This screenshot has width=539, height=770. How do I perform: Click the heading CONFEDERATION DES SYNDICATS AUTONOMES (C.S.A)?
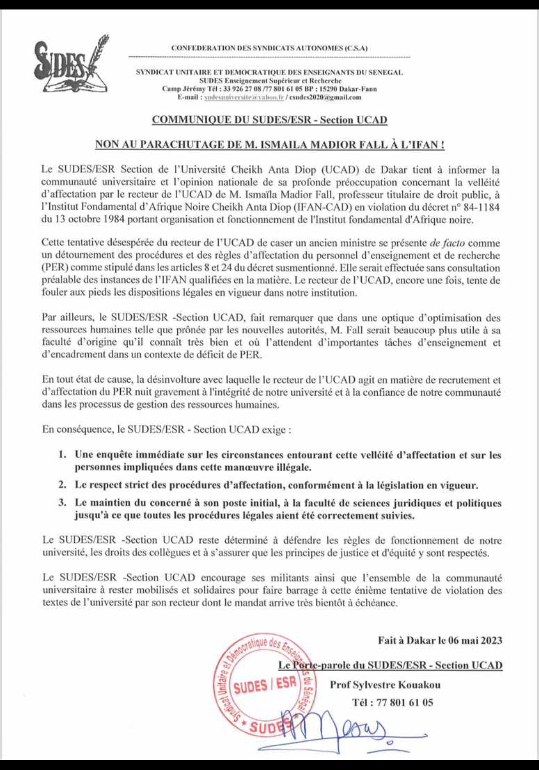pyautogui.click(x=269, y=48)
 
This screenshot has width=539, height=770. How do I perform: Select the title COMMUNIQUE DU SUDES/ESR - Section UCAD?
pyautogui.click(x=269, y=120)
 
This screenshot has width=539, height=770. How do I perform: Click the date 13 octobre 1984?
pyautogui.click(x=83, y=219)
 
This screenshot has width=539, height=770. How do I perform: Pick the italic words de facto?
pyautogui.click(x=447, y=244)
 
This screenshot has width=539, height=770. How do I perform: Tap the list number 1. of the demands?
pyautogui.click(x=62, y=455)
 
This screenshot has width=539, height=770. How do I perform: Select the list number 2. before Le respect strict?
pyautogui.click(x=62, y=485)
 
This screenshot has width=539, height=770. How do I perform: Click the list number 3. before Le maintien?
pyautogui.click(x=62, y=503)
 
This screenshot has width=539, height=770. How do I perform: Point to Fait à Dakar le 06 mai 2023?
pyautogui.click(x=440, y=640)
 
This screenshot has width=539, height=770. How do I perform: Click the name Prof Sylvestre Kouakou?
pyautogui.click(x=385, y=685)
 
